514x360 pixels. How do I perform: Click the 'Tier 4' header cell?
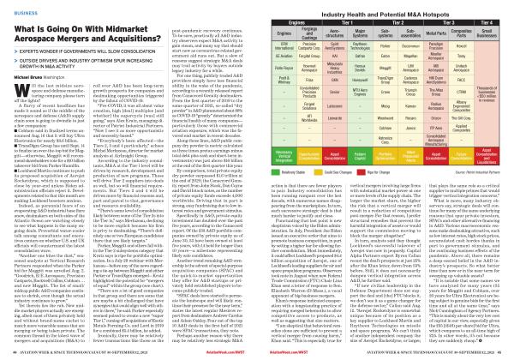pyautogui.click(x=477, y=18)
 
